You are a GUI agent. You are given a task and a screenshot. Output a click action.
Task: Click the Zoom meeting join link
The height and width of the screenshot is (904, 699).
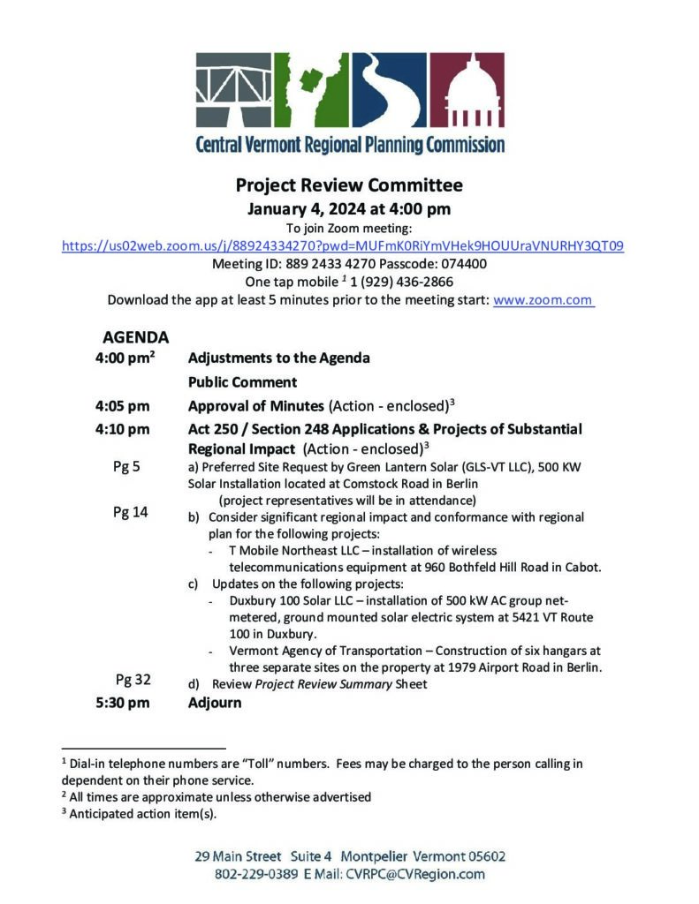pos(343,246)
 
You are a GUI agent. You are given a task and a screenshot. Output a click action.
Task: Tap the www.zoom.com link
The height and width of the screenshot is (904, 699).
pos(543,299)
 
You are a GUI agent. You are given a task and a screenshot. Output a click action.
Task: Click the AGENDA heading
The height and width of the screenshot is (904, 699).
pos(135,337)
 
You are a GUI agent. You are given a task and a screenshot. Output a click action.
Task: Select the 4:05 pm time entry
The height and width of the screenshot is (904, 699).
pos(123,406)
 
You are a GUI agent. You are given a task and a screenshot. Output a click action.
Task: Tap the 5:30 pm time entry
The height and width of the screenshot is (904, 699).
pos(123,704)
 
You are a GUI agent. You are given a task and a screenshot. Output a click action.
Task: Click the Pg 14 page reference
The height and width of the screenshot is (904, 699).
pos(131,512)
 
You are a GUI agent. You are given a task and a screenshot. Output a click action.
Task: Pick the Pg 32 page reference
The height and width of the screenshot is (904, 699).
pos(133,679)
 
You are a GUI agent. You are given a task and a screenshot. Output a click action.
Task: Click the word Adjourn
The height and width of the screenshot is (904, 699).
pos(215,704)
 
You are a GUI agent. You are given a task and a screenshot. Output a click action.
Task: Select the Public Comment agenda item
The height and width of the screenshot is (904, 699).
pos(242,382)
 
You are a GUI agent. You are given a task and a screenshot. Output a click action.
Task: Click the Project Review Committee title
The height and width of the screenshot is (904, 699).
pos(349,185)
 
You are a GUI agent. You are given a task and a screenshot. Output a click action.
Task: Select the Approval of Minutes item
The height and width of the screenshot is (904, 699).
pos(255,406)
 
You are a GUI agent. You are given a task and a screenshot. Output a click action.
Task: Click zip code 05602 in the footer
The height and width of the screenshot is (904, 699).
pos(481,856)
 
